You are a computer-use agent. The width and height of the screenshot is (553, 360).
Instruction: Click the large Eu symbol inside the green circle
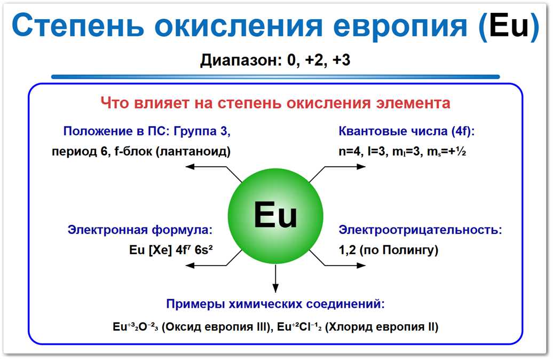coord(275,215)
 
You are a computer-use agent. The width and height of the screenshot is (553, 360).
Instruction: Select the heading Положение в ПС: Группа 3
coord(147,131)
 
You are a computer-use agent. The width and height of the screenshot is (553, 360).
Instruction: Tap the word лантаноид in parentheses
coord(198,151)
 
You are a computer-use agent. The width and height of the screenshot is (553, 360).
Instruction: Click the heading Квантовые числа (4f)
coord(406,131)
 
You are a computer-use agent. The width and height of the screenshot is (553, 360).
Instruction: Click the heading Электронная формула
coord(140,230)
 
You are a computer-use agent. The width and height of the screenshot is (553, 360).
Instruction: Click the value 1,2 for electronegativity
coord(347,249)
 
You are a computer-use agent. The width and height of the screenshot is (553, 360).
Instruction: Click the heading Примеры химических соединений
coord(275,304)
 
